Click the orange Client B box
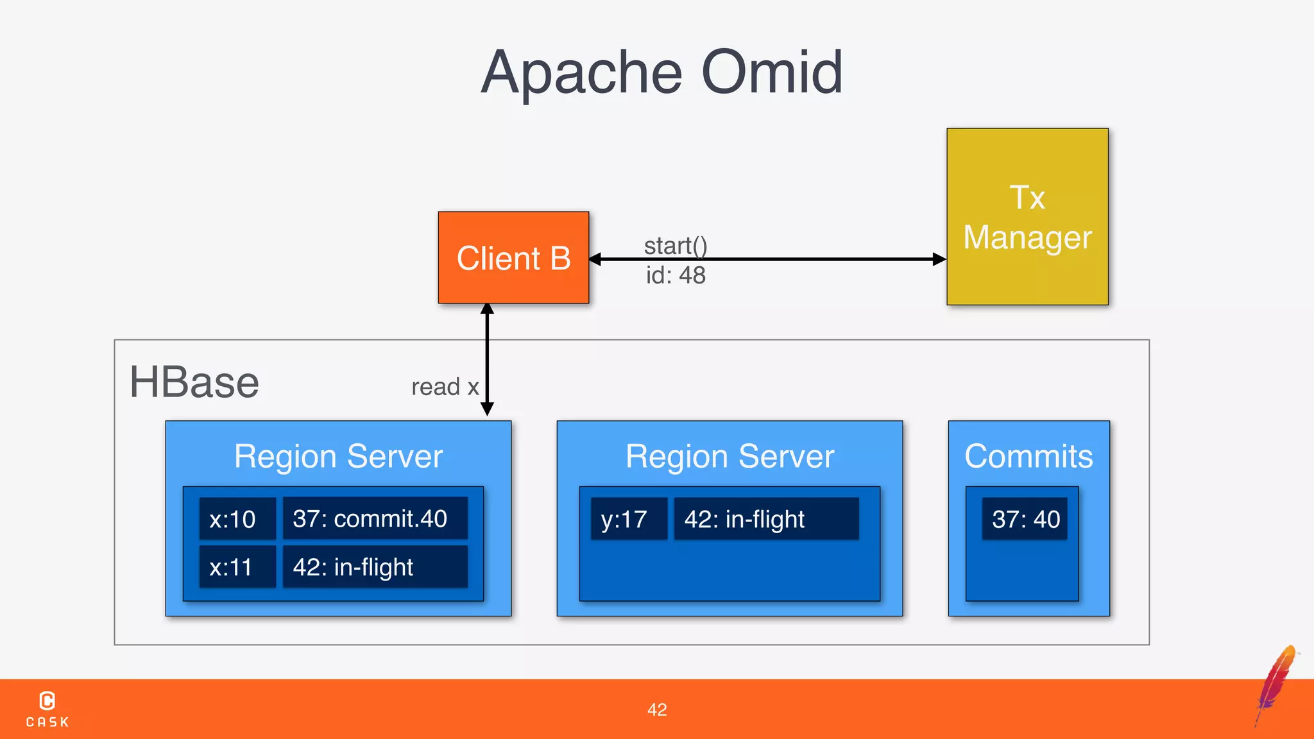tap(513, 258)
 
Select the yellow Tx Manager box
tap(1027, 217)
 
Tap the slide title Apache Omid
tap(661, 72)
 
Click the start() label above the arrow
tap(676, 245)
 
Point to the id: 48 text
tap(676, 275)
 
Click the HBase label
tap(194, 382)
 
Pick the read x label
tap(445, 387)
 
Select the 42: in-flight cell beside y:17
tap(766, 518)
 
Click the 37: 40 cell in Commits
tap(1025, 518)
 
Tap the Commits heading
tap(1028, 456)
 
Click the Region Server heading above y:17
tap(730, 456)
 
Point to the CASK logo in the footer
tap(47, 709)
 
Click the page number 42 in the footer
tap(657, 709)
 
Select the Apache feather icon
tap(1276, 684)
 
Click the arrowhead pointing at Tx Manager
tap(939, 259)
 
